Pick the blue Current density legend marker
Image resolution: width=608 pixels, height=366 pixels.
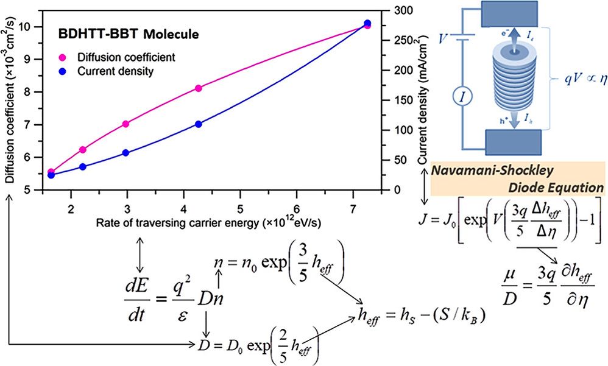click(62, 71)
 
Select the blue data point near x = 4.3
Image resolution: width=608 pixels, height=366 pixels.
click(199, 124)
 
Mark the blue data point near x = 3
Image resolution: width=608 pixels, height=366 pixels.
click(126, 153)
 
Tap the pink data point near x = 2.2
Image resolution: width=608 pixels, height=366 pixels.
click(83, 150)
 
